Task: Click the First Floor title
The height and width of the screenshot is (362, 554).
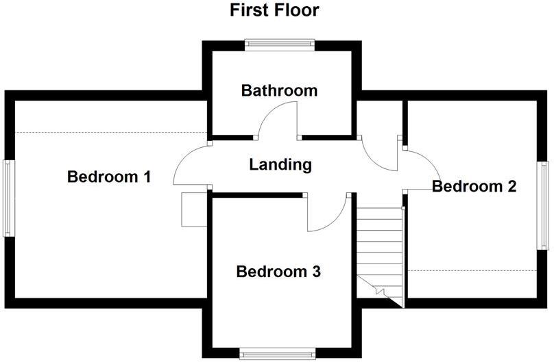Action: pos(274,10)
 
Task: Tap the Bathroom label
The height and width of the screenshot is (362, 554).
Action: pos(279,90)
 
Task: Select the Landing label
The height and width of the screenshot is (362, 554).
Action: pos(280,164)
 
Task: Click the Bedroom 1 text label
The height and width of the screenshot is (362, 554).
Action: pos(109,177)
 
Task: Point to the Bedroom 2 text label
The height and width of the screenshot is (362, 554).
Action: pos(474,185)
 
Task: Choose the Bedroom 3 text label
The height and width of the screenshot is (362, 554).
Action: pos(278,272)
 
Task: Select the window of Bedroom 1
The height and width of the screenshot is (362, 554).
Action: pos(8,198)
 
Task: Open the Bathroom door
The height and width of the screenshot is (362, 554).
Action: pos(278,120)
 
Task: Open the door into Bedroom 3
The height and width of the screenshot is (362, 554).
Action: pos(326,214)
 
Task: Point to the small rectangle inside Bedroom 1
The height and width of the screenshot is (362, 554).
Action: pos(193,209)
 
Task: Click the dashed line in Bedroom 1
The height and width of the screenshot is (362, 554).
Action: pos(110,132)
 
